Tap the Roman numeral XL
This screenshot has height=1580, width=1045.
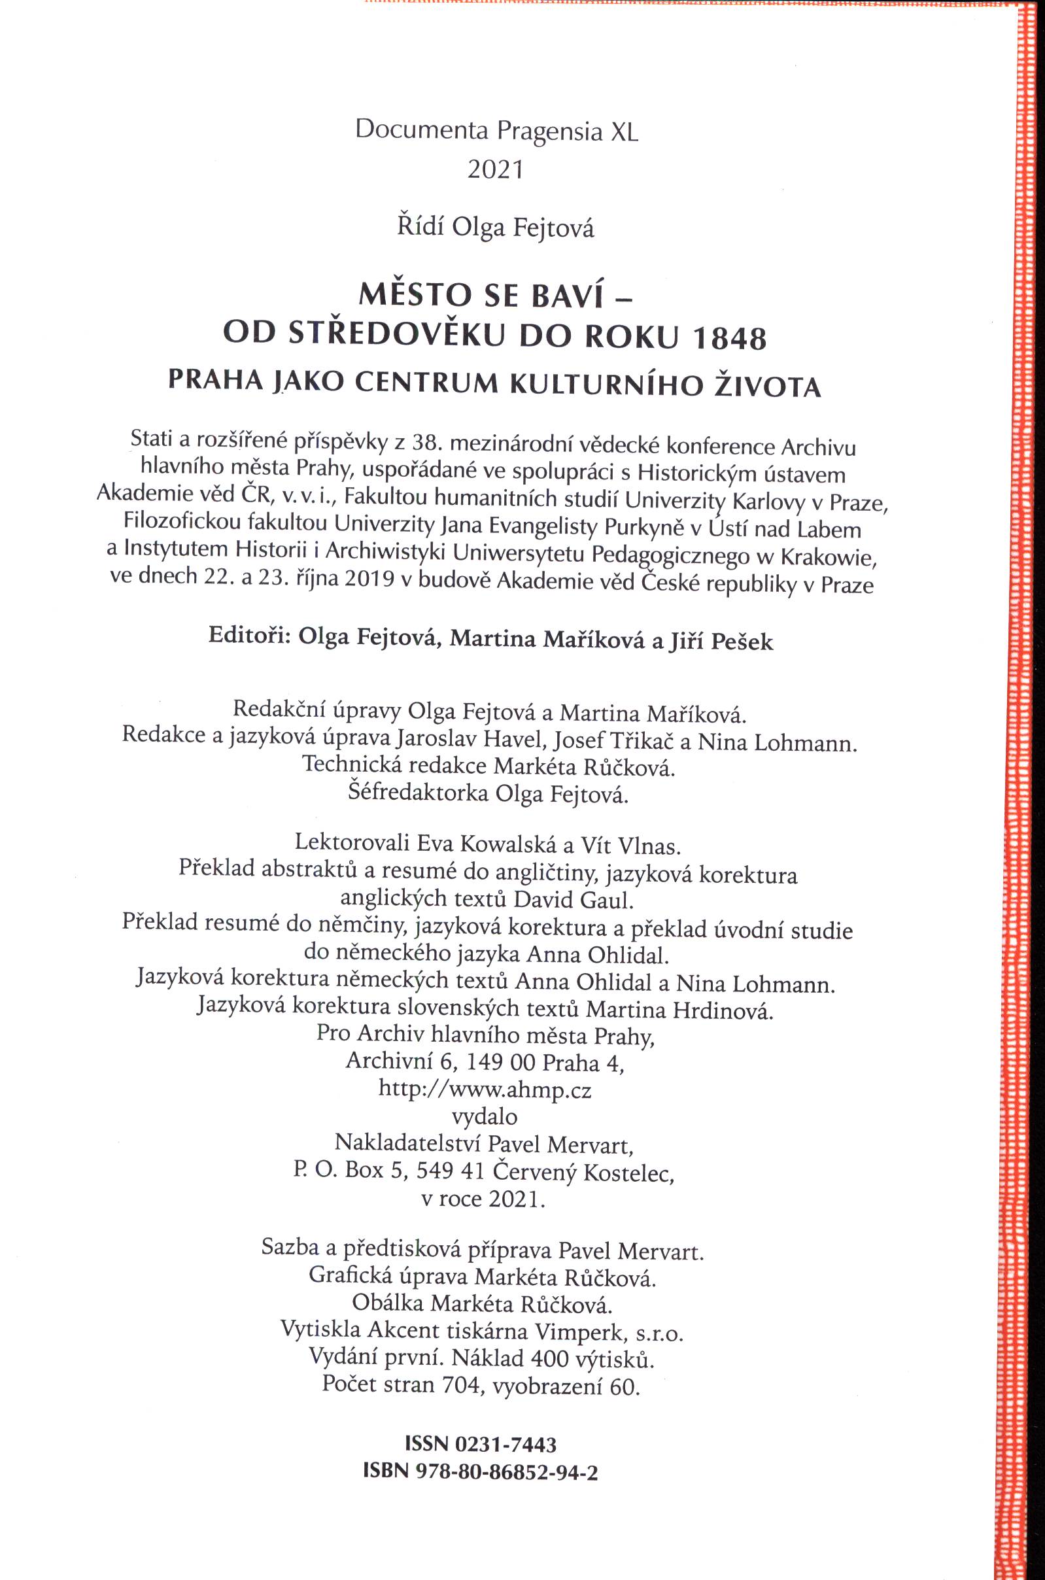(624, 131)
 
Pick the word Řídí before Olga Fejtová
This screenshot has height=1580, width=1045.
(420, 227)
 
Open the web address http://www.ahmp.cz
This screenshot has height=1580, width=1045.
(485, 1089)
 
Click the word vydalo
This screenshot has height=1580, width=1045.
(485, 1116)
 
